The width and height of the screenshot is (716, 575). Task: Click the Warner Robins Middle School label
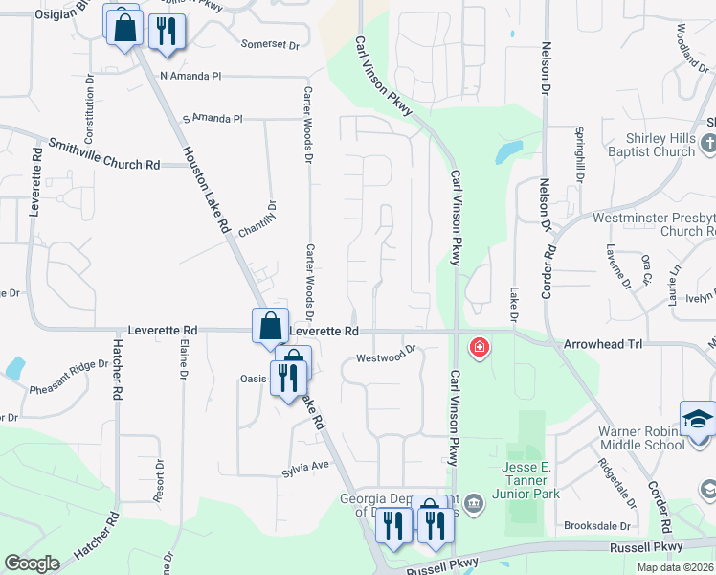pyautogui.click(x=641, y=437)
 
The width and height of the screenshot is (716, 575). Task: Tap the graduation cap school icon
pyautogui.click(x=698, y=418)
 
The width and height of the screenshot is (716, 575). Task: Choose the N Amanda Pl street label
pyautogui.click(x=190, y=76)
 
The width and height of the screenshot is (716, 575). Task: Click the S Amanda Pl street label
pyautogui.click(x=213, y=118)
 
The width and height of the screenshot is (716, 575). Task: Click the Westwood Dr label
pyautogui.click(x=384, y=357)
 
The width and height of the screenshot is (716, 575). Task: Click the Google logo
pyautogui.click(x=32, y=563)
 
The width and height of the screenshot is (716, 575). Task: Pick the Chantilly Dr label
pyautogui.click(x=271, y=220)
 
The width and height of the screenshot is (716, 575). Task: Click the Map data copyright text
pyautogui.click(x=674, y=567)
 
